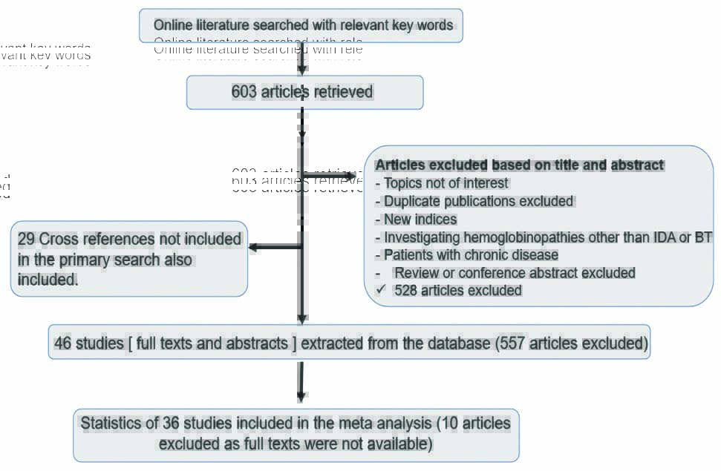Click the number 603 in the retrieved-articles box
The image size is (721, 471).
click(x=244, y=92)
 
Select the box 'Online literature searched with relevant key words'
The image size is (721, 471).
click(x=301, y=26)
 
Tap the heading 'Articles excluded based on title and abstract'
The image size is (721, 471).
click(x=520, y=165)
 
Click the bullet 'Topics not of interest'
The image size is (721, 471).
click(x=446, y=183)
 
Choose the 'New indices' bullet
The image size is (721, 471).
click(x=420, y=219)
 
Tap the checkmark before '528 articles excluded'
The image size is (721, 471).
click(x=381, y=290)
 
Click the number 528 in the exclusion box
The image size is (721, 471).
click(x=405, y=291)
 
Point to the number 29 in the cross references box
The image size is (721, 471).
click(x=26, y=239)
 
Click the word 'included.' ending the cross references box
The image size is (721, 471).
click(x=48, y=280)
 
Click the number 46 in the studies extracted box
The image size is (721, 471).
click(x=62, y=343)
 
